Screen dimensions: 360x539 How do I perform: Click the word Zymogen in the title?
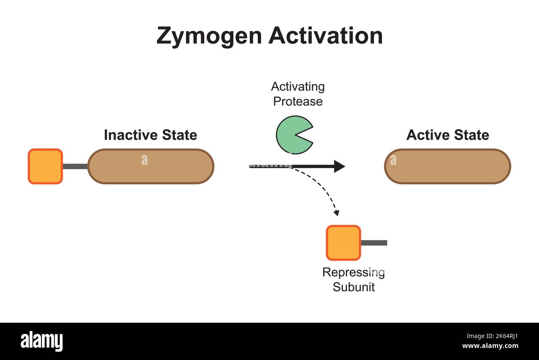pyautogui.click(x=209, y=36)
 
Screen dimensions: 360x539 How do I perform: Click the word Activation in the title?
pyautogui.click(x=325, y=36)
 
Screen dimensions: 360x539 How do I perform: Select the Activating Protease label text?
pyautogui.click(x=298, y=94)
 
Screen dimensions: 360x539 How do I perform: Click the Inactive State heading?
pyautogui.click(x=150, y=135)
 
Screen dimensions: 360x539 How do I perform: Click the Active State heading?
pyautogui.click(x=447, y=135)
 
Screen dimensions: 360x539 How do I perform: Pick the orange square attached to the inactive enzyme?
pyautogui.click(x=45, y=166)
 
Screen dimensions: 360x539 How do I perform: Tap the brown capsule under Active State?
pyautogui.click(x=447, y=166)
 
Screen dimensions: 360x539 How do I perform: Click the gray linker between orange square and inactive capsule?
pyautogui.click(x=75, y=166)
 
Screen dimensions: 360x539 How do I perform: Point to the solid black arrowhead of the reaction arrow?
pyautogui.click(x=339, y=166)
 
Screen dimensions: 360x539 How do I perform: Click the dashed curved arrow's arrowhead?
pyautogui.click(x=336, y=213)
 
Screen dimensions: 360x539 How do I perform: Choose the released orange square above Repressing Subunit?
pyautogui.click(x=343, y=243)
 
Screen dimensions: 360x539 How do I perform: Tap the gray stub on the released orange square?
pyautogui.click(x=374, y=243)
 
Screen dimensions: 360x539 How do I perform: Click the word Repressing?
pyautogui.click(x=353, y=273)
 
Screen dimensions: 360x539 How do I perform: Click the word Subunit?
pyautogui.click(x=353, y=287)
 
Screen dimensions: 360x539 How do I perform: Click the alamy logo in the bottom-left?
pyautogui.click(x=41, y=341)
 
